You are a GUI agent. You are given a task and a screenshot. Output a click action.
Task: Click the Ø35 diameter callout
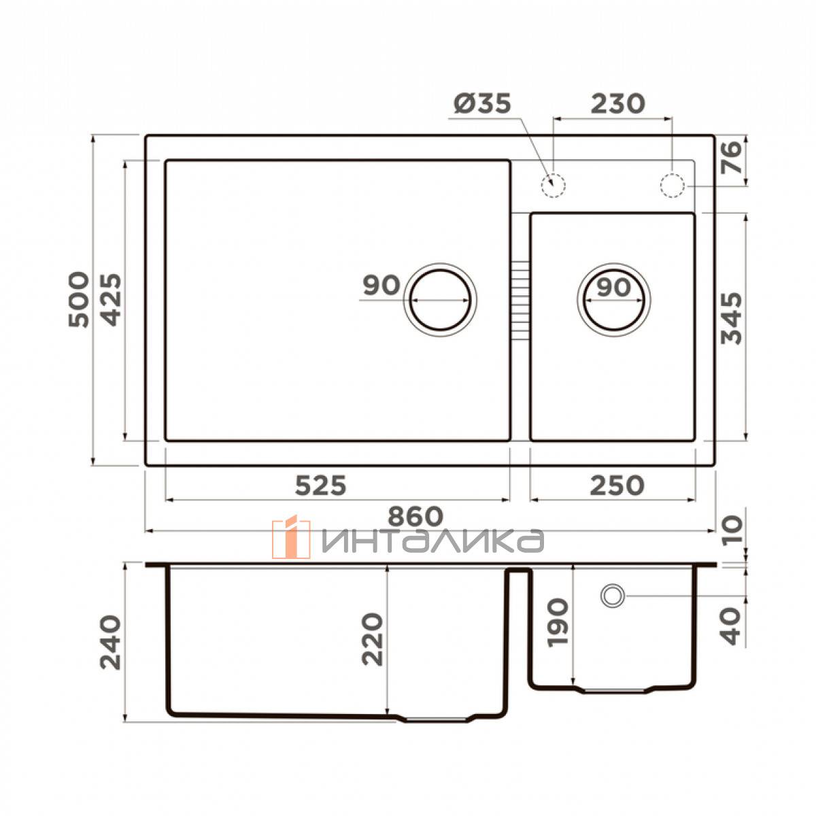(482, 104)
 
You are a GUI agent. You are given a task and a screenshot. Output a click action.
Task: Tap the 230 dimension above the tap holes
(618, 104)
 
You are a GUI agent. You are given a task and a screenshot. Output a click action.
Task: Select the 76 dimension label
(732, 157)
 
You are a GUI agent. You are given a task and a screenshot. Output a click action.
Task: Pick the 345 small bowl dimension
(732, 318)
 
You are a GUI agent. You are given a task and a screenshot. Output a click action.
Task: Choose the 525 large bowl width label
(320, 486)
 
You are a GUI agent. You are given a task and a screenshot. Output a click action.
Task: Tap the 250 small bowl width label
(617, 486)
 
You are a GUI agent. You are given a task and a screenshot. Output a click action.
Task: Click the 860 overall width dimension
(415, 516)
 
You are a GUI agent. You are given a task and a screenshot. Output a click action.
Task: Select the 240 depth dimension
(111, 643)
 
